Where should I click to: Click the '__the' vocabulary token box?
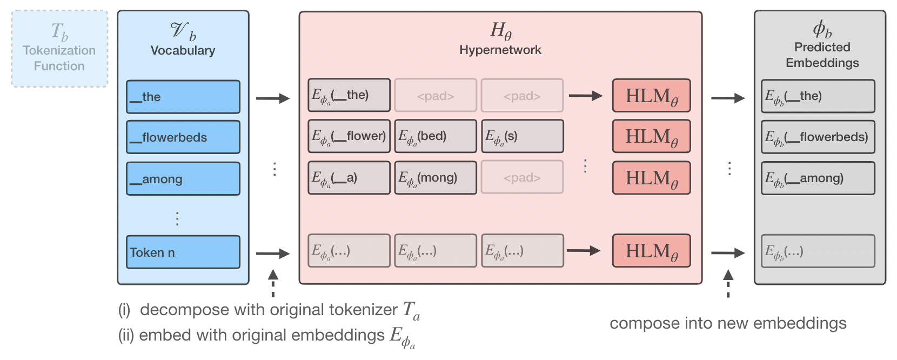coord(183,97)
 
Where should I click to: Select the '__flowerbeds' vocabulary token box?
coord(183,137)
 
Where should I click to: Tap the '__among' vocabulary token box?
coord(183,178)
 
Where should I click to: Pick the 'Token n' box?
coord(183,252)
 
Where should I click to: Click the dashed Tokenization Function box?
coord(59,49)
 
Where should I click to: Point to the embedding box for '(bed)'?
coord(436,136)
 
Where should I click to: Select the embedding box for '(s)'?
coord(522,136)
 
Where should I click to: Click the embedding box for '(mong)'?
coord(436,178)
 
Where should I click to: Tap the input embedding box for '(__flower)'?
coord(349,136)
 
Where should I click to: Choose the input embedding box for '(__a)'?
coord(349,178)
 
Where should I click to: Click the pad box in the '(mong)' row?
coord(522,177)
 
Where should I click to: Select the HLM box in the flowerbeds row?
coord(652,136)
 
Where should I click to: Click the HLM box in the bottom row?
coord(652,251)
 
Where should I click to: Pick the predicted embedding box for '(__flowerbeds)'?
coord(818,137)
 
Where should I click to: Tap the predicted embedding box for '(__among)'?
coord(818,178)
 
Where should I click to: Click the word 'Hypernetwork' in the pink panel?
coord(500,50)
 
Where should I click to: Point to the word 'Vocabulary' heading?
coord(183,50)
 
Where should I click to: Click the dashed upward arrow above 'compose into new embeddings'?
coord(728,284)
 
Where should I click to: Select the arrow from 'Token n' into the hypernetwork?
coord(273,253)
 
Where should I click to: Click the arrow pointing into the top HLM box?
coord(585,96)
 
